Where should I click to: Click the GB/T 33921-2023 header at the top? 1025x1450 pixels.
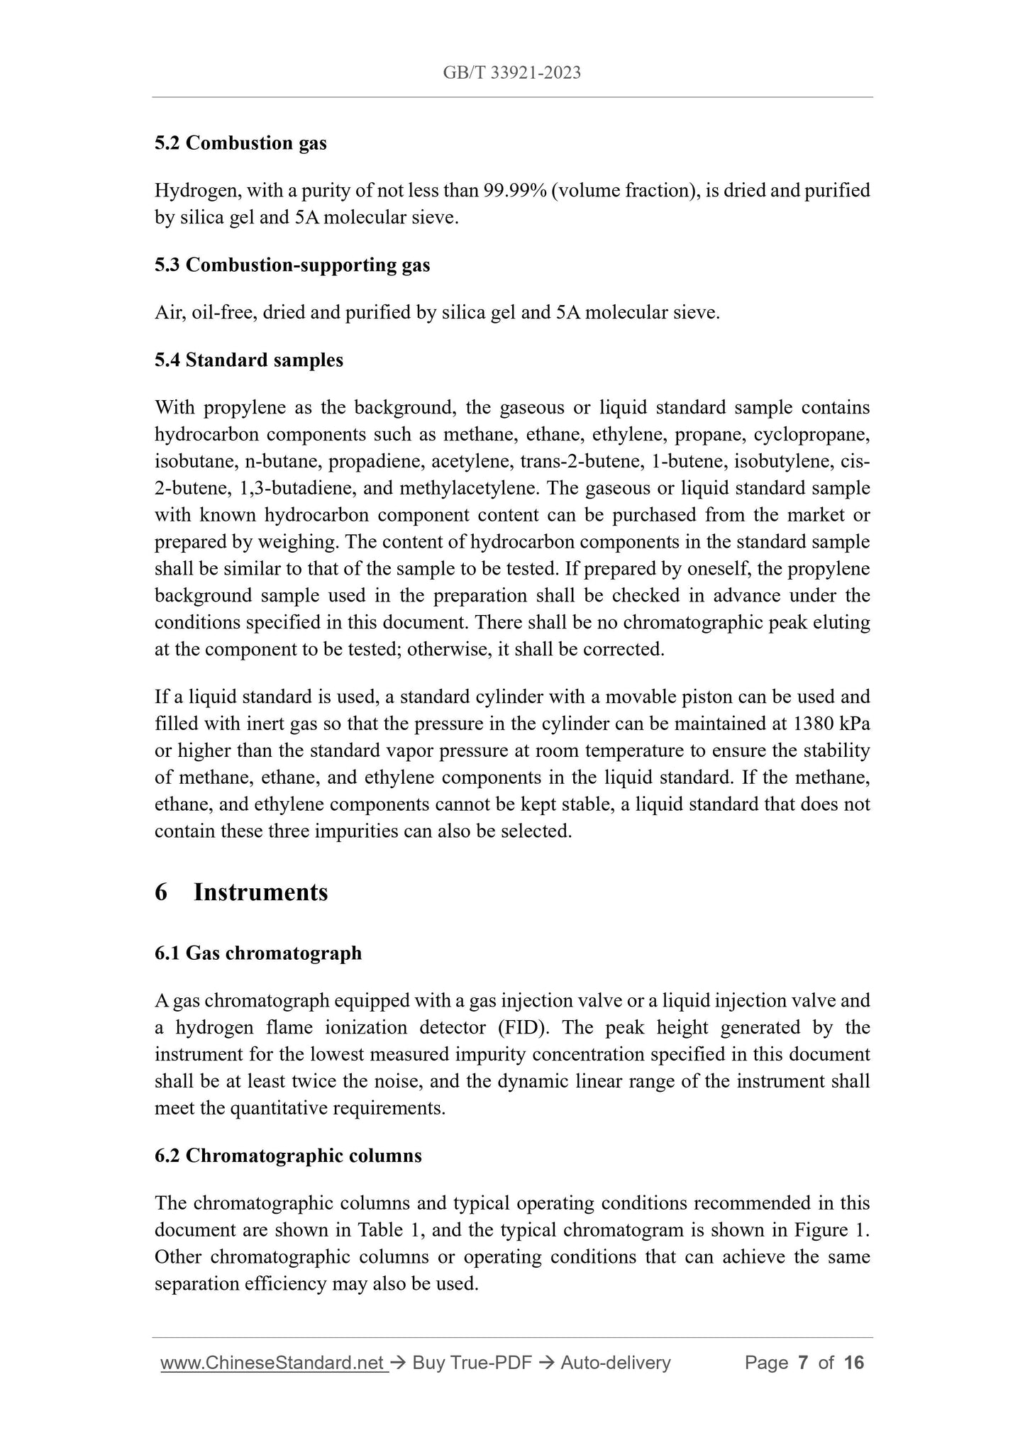click(511, 72)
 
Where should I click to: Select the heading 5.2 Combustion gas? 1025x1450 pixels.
click(240, 143)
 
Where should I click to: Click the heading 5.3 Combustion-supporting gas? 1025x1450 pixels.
click(292, 265)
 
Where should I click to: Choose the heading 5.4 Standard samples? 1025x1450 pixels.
click(249, 360)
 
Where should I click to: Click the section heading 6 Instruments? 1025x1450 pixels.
click(241, 892)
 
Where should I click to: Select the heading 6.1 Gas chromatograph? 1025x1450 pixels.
click(258, 953)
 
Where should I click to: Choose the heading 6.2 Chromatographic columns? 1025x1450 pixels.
click(288, 1156)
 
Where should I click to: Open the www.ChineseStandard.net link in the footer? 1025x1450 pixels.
click(274, 1363)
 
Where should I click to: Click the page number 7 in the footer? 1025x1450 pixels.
click(803, 1363)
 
